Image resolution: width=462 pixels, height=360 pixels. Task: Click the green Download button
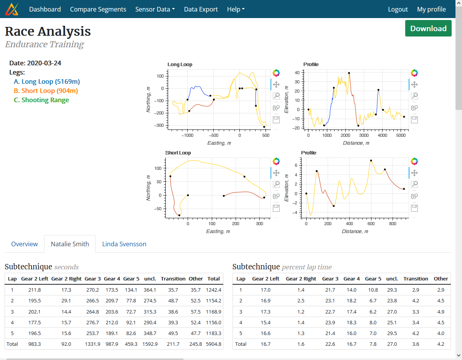[x=428, y=28]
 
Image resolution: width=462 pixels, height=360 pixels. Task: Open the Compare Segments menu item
[x=98, y=9]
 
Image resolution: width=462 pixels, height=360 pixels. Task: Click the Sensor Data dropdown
[x=155, y=9]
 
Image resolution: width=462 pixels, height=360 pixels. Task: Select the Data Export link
[x=201, y=9]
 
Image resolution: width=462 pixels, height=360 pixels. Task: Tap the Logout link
[x=398, y=9]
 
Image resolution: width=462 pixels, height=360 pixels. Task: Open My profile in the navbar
[x=431, y=9]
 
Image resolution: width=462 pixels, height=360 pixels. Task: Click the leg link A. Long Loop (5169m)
[x=47, y=81]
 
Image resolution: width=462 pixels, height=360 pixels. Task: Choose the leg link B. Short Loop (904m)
[x=46, y=91]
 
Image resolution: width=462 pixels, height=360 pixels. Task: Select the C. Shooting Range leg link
[x=41, y=100]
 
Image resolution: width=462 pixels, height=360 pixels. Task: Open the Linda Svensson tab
[x=124, y=244]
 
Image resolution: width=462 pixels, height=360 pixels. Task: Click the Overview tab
[x=25, y=244]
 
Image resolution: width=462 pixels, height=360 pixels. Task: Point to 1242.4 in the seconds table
[x=213, y=290]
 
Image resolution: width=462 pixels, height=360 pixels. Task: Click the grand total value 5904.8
[x=213, y=344]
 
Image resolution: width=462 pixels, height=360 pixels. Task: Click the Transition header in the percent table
[x=416, y=279]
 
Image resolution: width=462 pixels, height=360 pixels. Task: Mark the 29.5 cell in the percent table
[x=391, y=333]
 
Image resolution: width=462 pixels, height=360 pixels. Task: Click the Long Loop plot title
[x=180, y=65]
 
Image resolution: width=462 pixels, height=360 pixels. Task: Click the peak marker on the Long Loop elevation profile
[x=349, y=73]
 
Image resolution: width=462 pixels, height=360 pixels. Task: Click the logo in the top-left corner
[x=12, y=9]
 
